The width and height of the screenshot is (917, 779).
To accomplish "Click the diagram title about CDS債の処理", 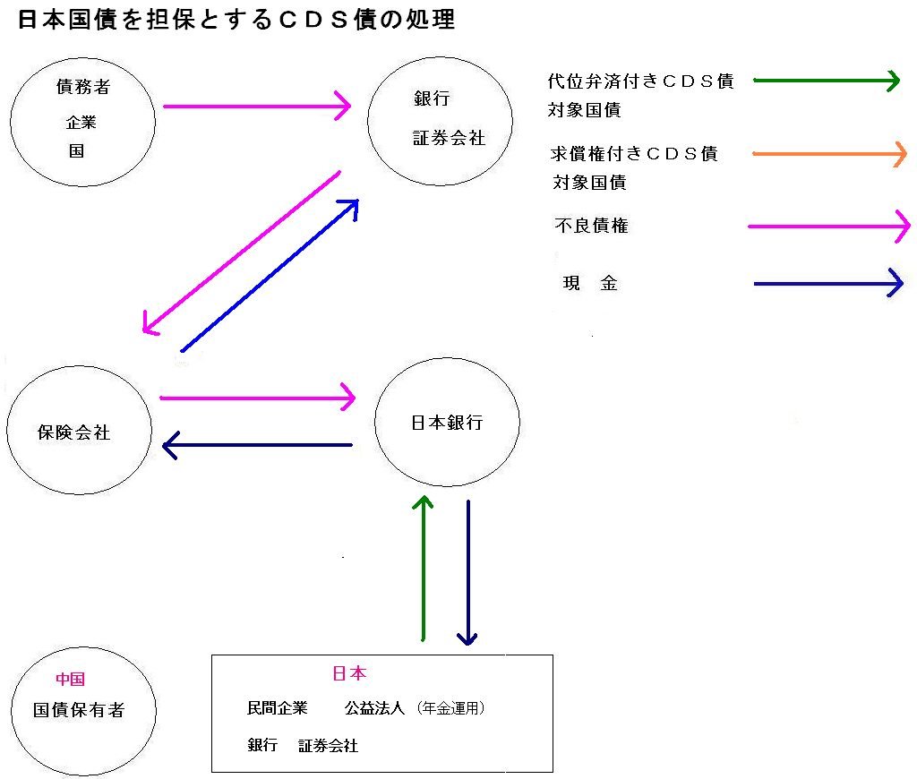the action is point(236,20).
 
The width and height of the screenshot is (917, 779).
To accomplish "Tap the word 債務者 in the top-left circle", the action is point(83,87).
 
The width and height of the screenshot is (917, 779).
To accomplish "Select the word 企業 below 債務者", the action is point(81,123).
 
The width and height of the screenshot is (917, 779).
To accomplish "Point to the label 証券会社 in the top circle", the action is point(450,138).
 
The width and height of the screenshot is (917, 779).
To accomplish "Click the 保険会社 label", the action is point(73,432).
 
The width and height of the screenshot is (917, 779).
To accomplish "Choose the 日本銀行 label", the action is point(447,423).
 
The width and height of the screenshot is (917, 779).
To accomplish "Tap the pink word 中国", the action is point(70,679).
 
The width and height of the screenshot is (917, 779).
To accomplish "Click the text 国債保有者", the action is point(79,710).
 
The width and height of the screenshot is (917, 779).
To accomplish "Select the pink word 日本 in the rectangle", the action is point(349,673).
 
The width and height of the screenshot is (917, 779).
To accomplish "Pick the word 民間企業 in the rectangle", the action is point(278,708).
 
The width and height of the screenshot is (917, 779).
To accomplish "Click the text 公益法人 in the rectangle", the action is point(374,708).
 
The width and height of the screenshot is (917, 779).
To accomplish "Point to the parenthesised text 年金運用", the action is point(451,708).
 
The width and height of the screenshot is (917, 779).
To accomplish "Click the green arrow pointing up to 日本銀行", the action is point(423,569).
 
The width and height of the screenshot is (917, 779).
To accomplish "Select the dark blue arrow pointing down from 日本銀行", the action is point(467,572).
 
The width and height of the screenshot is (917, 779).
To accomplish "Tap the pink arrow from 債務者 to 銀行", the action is point(257,106).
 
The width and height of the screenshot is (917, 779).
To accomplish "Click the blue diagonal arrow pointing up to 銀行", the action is point(270,276).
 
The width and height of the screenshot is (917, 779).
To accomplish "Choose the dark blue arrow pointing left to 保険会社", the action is point(257,445).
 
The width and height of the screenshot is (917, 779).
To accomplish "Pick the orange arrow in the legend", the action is point(830,154).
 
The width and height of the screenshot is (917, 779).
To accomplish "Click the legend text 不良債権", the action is point(591,226).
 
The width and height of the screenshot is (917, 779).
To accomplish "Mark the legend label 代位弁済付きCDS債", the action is point(641,81).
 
